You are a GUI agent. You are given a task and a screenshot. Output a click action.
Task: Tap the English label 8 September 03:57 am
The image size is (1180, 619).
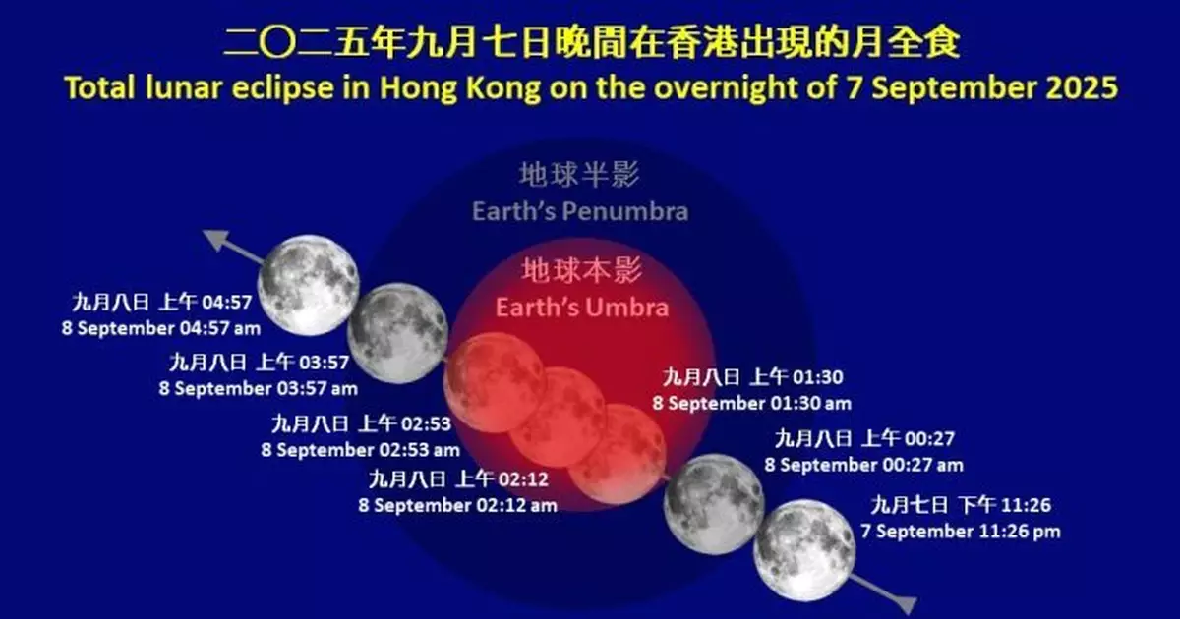[259, 388]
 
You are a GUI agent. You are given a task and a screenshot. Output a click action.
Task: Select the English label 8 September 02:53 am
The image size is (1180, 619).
[360, 450]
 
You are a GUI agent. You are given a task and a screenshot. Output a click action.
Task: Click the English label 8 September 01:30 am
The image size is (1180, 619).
[752, 403]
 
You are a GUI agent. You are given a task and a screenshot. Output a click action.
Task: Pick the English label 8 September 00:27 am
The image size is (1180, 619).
[864, 464]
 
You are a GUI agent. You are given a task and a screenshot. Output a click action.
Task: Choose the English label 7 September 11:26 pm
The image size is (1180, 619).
[962, 532]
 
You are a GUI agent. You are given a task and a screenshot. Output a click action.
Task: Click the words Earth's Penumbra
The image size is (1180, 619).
[580, 211]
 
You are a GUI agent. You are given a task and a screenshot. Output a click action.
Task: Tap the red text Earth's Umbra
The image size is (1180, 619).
[582, 308]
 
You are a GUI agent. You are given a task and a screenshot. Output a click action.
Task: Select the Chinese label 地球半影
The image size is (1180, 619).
[580, 177]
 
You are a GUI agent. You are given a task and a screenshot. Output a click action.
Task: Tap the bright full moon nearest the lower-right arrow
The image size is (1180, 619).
[804, 549]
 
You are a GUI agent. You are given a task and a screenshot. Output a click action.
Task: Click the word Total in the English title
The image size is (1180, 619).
[97, 87]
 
